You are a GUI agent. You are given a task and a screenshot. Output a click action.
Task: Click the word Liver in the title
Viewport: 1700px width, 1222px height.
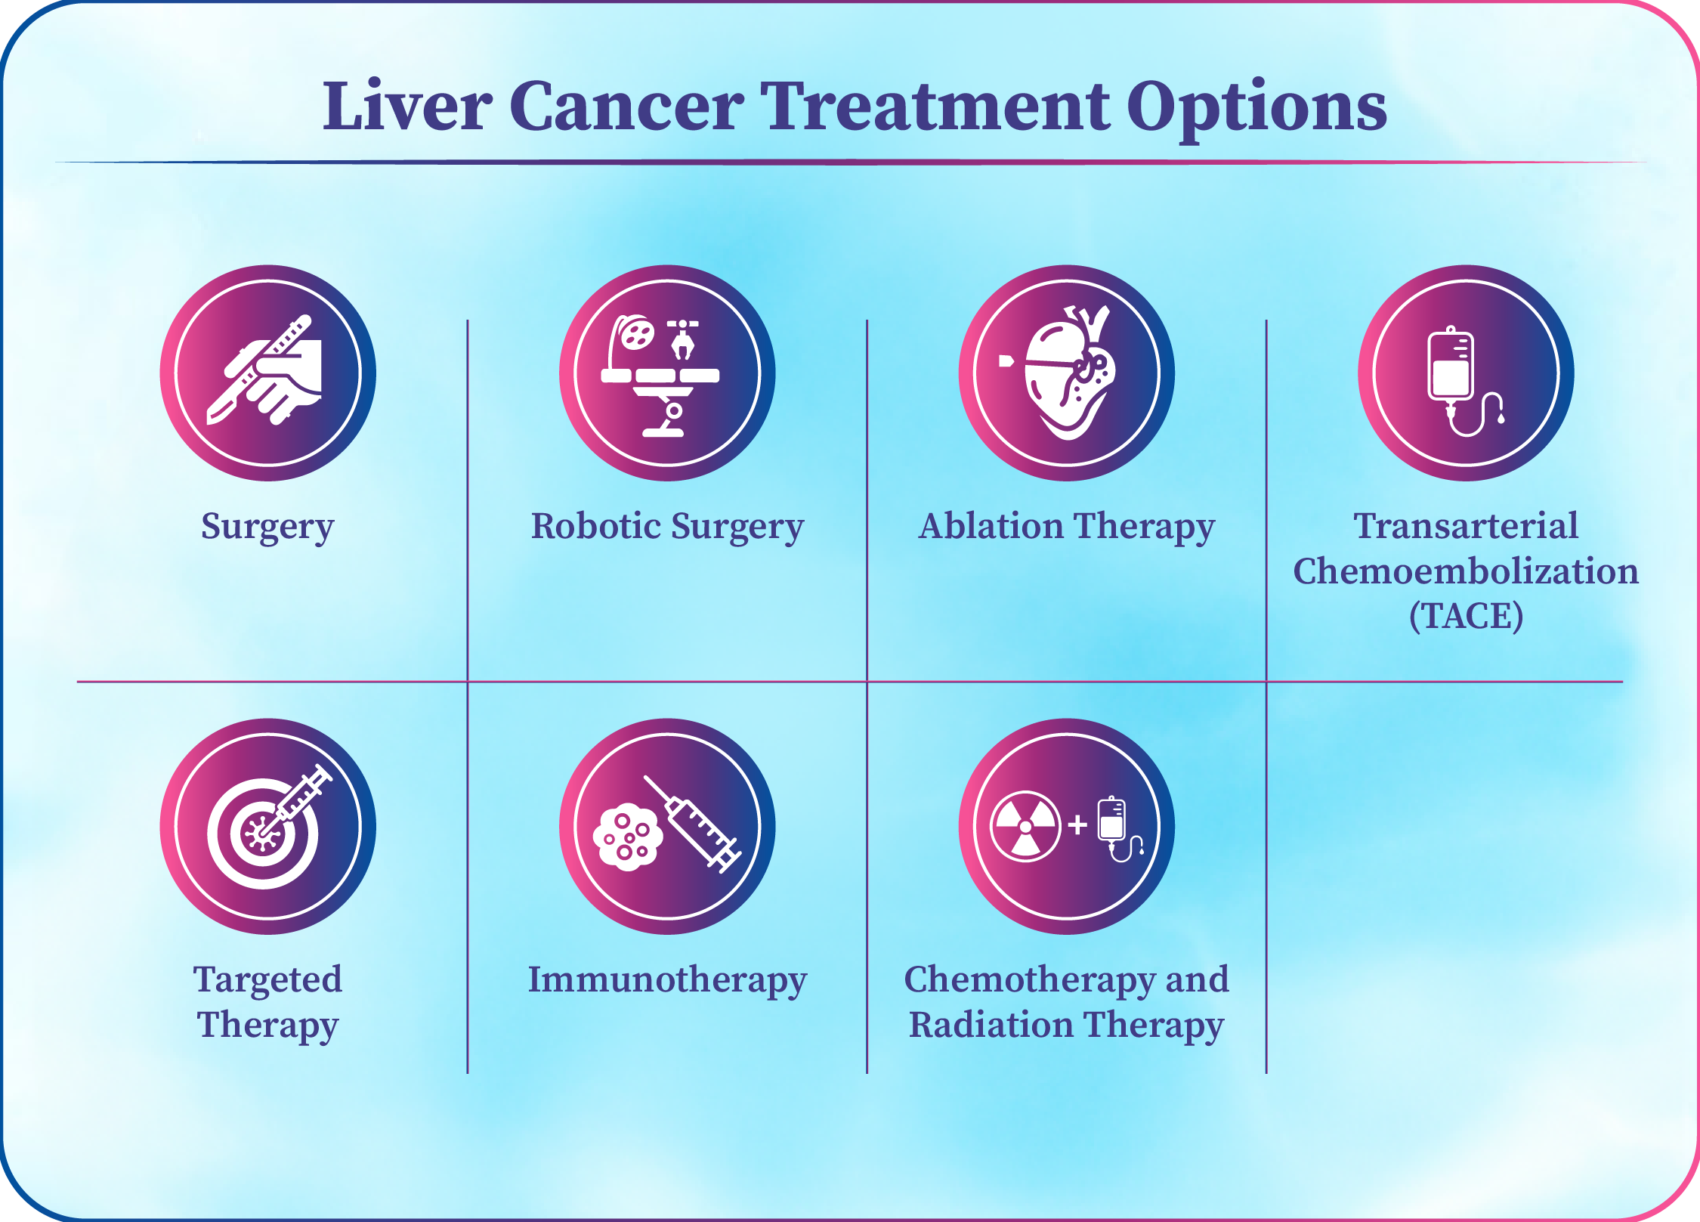408,106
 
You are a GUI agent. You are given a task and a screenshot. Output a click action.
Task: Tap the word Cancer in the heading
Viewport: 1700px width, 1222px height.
626,106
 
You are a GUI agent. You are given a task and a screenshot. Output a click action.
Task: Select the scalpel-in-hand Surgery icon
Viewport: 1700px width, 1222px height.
265,370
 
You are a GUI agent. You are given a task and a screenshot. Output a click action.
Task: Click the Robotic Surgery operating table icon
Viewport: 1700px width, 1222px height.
660,376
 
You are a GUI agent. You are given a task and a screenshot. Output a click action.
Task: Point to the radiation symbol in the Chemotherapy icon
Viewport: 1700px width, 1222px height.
1025,826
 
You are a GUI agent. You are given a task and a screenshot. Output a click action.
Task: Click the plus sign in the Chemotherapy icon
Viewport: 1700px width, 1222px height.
1078,825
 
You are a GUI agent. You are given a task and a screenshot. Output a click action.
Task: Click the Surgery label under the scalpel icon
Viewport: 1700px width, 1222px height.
267,527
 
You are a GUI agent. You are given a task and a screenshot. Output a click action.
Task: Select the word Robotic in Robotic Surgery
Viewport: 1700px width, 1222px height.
596,526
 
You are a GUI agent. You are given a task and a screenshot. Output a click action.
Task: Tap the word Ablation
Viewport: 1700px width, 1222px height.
991,526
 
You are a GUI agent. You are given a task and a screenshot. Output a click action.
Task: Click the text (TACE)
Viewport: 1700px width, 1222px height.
1466,616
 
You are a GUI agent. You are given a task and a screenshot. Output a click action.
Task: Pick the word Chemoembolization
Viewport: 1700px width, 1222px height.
1466,571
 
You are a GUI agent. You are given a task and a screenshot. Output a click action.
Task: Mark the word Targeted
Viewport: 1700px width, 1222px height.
267,981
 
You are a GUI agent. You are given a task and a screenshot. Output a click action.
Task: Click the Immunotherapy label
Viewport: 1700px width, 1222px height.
667,981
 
